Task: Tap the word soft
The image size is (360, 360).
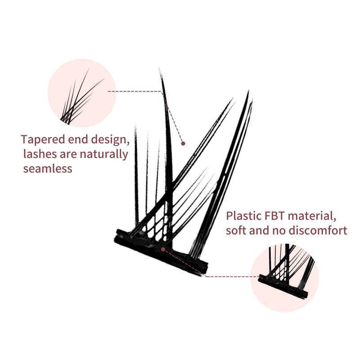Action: tap(236, 231)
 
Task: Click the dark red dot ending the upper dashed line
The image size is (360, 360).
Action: tap(183, 144)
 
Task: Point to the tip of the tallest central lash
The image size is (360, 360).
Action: tap(160, 69)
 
